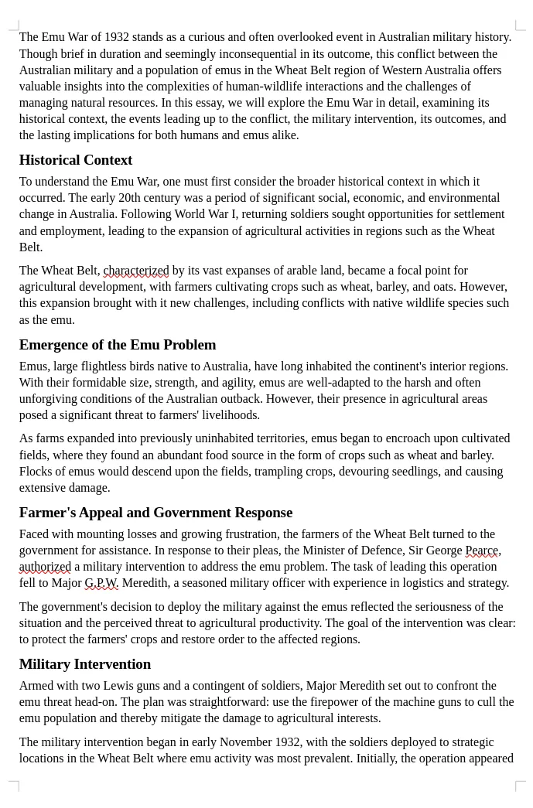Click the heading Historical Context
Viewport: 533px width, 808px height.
pos(76,160)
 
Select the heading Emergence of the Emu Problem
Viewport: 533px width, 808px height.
pos(118,345)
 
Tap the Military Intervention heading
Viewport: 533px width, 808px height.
pos(85,664)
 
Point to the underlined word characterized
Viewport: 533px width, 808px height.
pos(136,271)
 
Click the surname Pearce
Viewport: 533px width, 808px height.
pos(481,551)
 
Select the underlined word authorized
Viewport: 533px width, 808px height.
pos(45,567)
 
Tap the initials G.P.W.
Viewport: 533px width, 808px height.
pos(101,583)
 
